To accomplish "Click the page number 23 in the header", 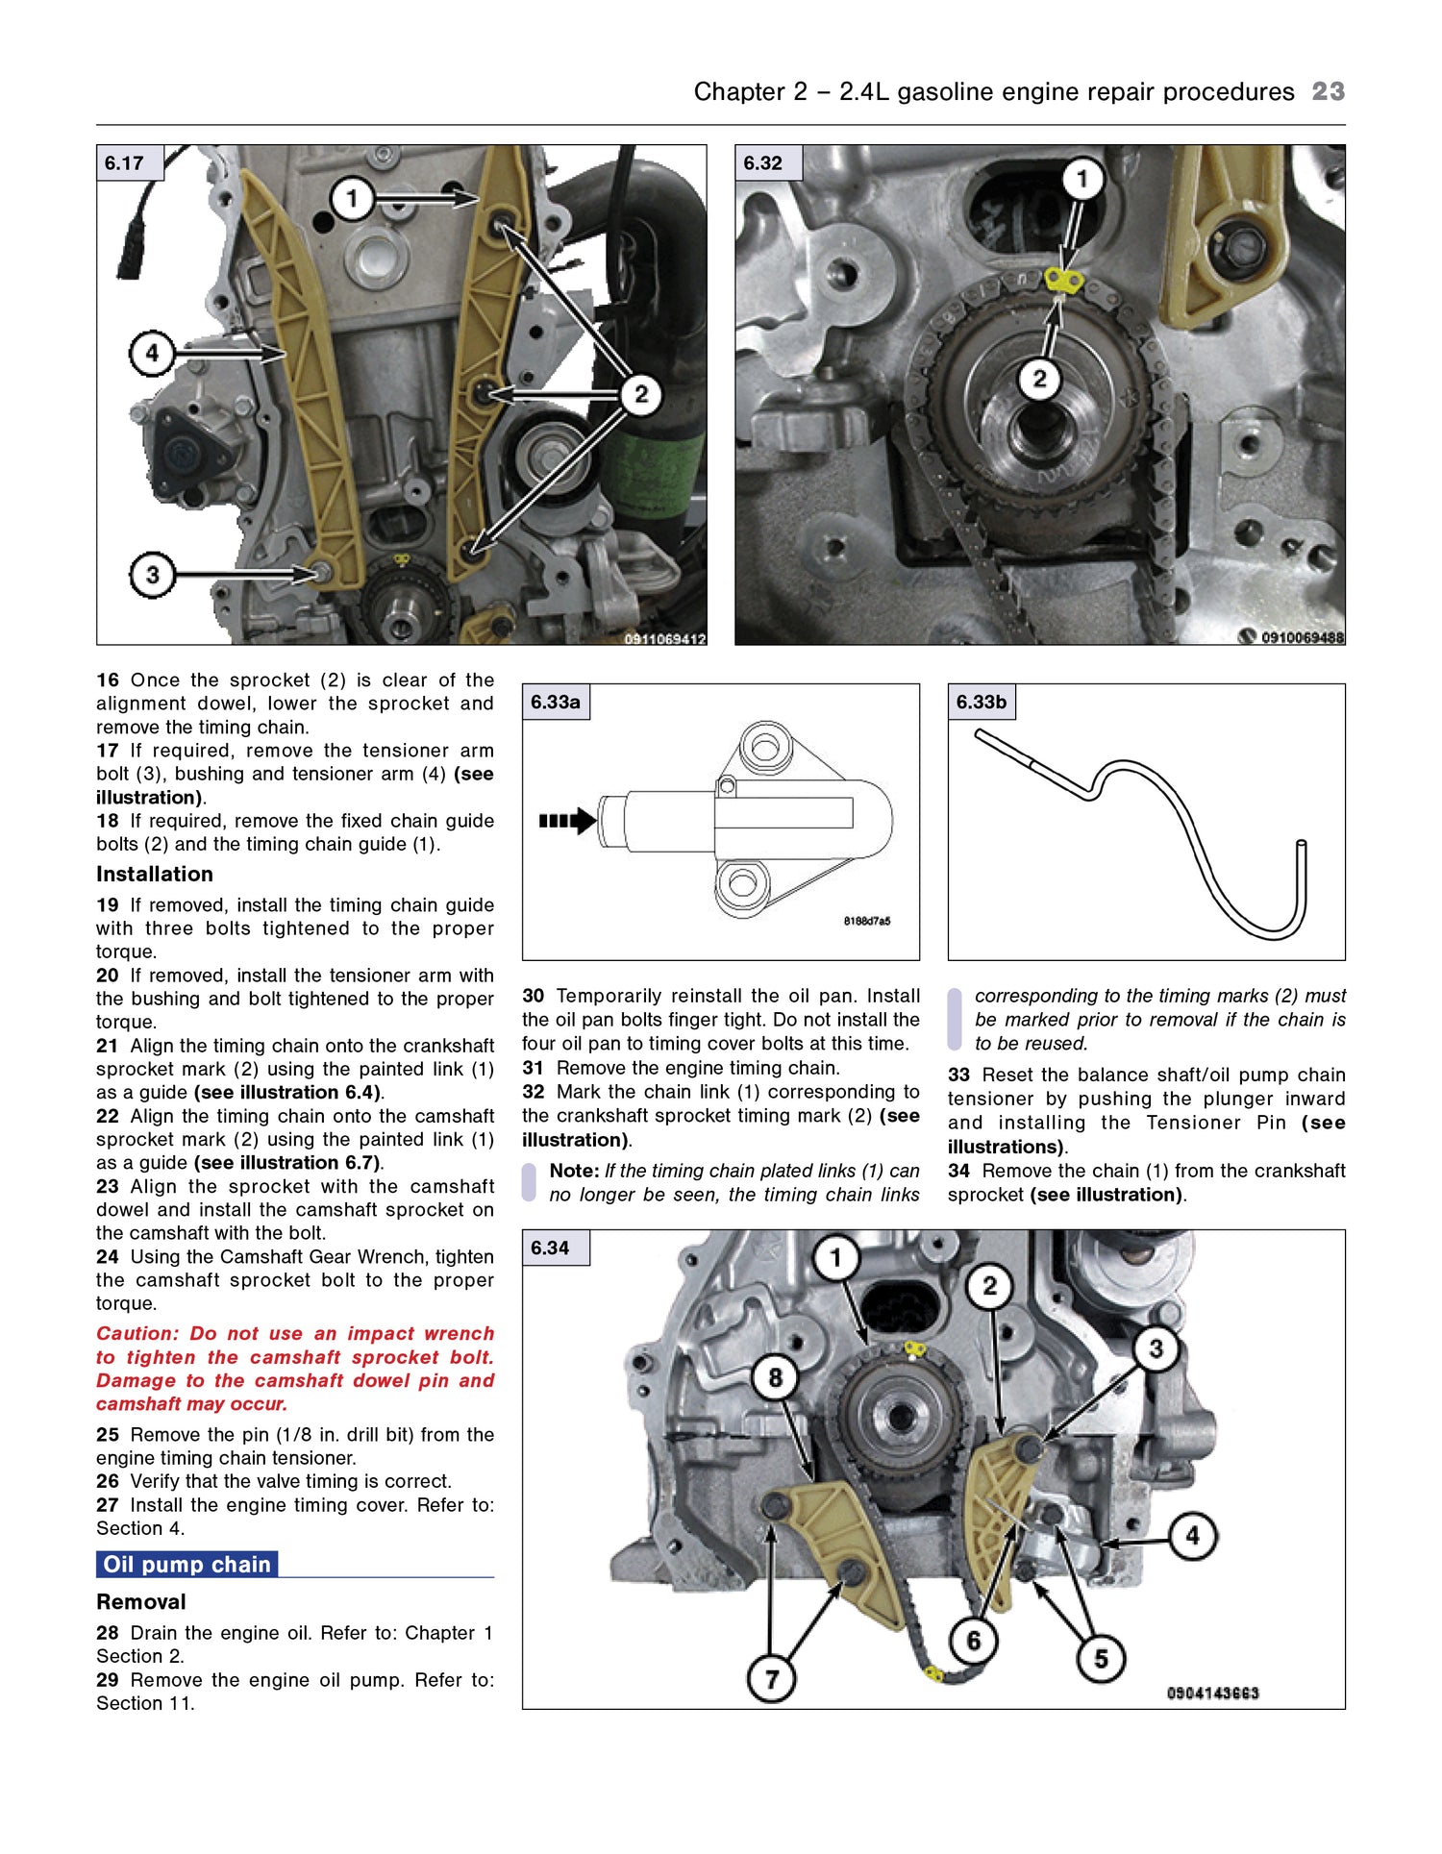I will click(x=1328, y=91).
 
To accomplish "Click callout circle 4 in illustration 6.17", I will click(x=152, y=353).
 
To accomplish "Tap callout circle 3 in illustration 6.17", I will click(x=152, y=575).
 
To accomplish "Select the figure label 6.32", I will click(x=763, y=162).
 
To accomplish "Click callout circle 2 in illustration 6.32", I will click(x=1039, y=378).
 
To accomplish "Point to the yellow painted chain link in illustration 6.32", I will click(x=1063, y=281).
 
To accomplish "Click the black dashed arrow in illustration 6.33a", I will click(x=567, y=821).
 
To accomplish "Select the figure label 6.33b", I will click(x=981, y=702).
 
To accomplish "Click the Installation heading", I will click(x=154, y=874).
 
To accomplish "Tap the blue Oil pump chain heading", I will click(x=187, y=1564).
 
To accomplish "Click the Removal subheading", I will click(x=141, y=1601).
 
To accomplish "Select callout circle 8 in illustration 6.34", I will click(x=775, y=1377).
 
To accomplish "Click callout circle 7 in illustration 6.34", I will click(x=771, y=1678).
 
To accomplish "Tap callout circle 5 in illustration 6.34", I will click(x=1101, y=1658).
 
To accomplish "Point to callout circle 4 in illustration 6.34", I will click(x=1192, y=1535).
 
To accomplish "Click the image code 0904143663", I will click(x=1212, y=1693).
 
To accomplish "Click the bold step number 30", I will click(x=533, y=996).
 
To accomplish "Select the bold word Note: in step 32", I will click(x=574, y=1171).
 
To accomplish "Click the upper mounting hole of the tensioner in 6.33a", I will click(x=765, y=747).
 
